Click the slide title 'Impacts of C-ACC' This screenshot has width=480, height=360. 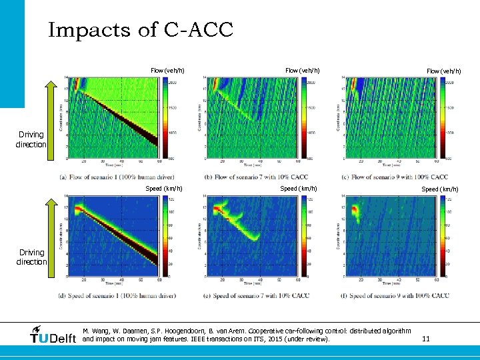140,30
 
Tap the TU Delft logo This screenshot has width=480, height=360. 53,336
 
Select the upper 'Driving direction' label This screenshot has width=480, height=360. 31,139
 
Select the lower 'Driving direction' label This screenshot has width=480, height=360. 31,257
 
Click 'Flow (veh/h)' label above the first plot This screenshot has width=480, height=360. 167,71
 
